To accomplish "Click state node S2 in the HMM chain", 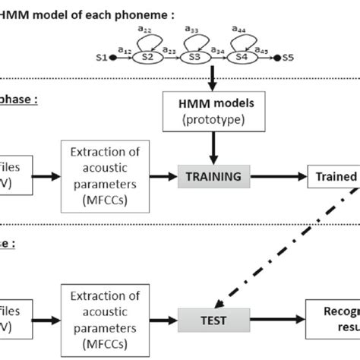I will coord(148,57).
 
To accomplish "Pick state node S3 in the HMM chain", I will coord(194,57).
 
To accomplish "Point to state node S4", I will coord(242,57).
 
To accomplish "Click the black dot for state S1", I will coord(114,57).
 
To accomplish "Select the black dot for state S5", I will coord(276,57).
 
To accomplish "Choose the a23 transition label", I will coord(172,50).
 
